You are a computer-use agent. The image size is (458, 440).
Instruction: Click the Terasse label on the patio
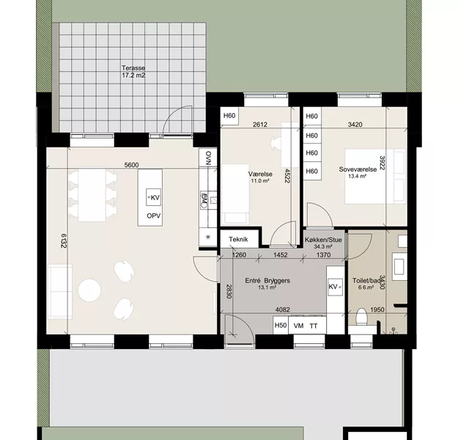point(133,68)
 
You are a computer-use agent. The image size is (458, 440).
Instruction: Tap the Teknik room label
point(238,240)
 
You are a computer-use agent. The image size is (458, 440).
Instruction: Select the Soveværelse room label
point(358,169)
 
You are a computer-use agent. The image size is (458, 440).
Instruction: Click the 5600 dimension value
point(131,165)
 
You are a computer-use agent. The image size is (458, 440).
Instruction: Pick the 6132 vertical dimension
point(64,241)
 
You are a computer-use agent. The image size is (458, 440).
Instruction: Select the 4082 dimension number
point(283,309)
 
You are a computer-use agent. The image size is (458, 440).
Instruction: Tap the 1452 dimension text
point(280,255)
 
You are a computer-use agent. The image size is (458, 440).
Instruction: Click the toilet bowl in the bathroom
point(362,317)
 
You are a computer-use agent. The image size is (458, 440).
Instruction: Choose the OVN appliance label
point(208,158)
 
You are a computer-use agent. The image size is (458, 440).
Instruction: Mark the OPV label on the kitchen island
point(154,216)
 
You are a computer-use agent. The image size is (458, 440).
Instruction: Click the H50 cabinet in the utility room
point(281,325)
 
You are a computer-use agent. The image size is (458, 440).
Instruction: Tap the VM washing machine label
point(298,326)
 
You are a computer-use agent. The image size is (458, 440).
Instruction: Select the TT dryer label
point(314,326)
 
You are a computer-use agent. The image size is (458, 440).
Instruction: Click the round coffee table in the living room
point(89,290)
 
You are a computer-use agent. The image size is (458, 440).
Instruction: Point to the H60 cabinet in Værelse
point(229,116)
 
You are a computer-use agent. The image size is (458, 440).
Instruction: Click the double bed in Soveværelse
point(375,176)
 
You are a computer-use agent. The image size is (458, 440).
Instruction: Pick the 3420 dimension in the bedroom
point(355,125)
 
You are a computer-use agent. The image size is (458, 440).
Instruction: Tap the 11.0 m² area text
point(260,181)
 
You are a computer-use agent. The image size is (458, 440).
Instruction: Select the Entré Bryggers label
point(267,281)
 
